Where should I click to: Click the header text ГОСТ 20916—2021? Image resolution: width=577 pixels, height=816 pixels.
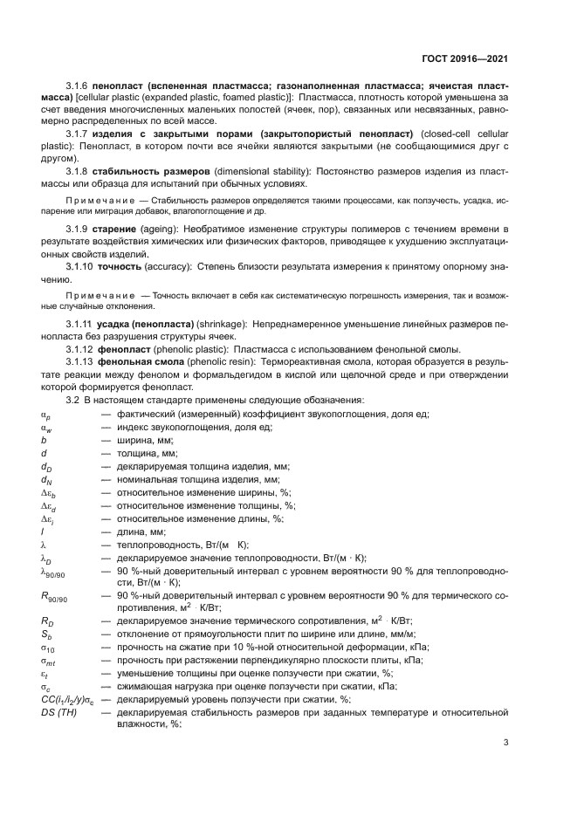coord(465,60)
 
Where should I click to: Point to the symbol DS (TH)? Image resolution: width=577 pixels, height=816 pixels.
coord(58,713)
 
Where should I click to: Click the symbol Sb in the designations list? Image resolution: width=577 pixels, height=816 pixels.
coord(46,634)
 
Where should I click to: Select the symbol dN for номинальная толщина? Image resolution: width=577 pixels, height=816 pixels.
coord(47,480)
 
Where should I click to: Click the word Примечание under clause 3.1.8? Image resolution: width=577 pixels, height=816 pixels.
coord(99,202)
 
